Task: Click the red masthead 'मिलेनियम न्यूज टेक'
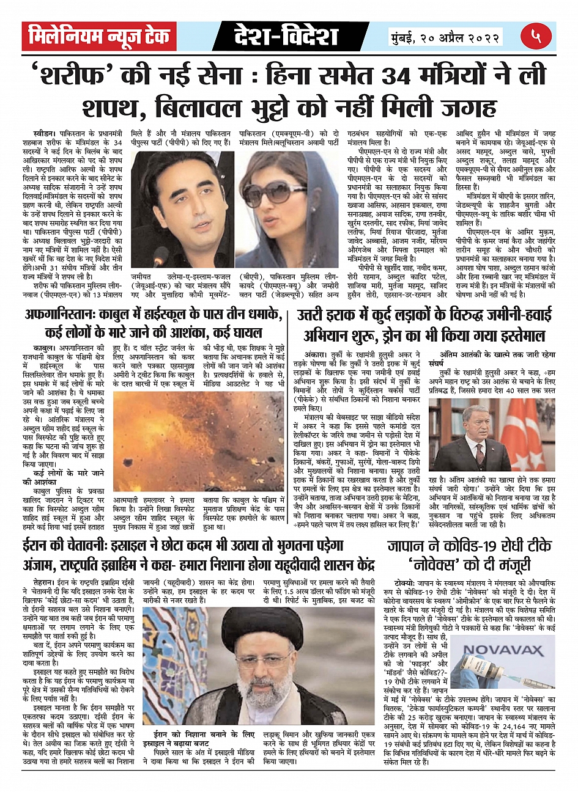click(x=99, y=37)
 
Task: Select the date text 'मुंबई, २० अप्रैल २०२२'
click(x=446, y=37)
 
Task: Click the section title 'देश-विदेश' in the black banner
click(x=286, y=37)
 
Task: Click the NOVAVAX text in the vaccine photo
click(x=503, y=650)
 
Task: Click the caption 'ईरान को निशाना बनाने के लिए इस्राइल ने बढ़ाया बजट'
click(x=199, y=739)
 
